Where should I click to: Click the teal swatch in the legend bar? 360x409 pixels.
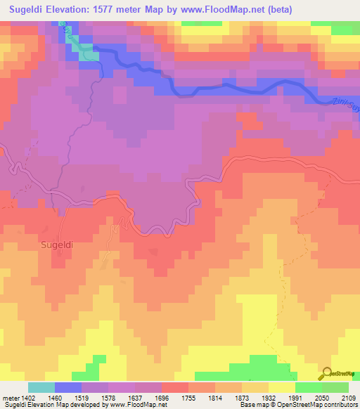(x=41, y=388)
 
